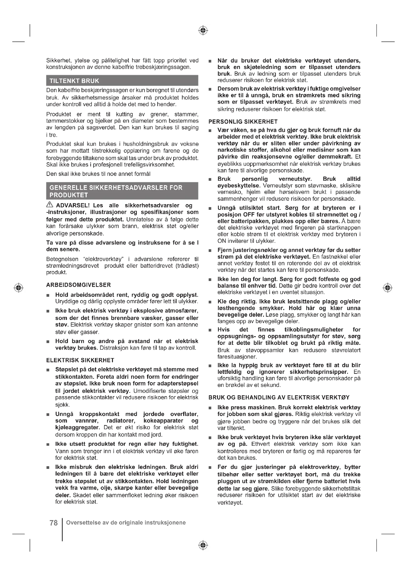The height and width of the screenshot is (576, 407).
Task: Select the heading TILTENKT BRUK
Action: click(74, 81)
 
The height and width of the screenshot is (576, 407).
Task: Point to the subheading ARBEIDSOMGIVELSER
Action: click(78, 285)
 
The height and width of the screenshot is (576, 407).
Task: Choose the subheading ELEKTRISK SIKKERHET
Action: click(80, 360)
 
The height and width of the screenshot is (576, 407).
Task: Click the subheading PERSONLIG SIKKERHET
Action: click(243, 122)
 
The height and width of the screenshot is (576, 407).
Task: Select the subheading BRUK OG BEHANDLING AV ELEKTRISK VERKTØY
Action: click(279, 397)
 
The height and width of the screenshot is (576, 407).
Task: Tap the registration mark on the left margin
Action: click(18, 287)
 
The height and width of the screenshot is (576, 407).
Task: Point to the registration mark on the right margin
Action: click(388, 287)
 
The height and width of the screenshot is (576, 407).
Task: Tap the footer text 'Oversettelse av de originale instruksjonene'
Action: click(126, 523)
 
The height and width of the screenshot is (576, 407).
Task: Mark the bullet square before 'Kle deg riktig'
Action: click(210, 302)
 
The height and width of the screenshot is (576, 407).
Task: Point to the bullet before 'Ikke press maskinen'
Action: click(210, 408)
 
